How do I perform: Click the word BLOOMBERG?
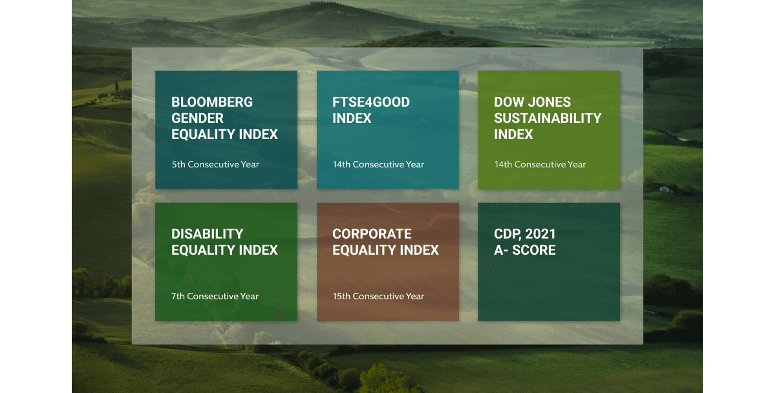coord(211,102)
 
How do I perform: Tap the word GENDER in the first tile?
coord(197,118)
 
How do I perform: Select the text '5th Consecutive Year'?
coord(215,164)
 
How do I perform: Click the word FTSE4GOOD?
coord(370,102)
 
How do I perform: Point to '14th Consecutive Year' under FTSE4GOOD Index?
coord(378,164)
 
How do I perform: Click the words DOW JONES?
coord(532,102)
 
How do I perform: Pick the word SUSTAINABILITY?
coord(548,118)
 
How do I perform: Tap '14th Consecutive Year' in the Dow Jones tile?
coord(540,164)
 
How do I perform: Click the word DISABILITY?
coord(208,234)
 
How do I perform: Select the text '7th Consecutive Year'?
coord(215,297)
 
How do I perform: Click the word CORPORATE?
coord(372,234)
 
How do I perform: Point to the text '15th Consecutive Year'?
coord(378,297)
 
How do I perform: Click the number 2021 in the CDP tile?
coord(541,234)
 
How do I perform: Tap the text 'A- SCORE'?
coord(524,250)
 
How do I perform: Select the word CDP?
coord(506,234)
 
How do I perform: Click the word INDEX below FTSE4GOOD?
coord(352,118)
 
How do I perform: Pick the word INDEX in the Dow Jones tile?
coord(513,134)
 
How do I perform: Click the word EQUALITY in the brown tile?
coord(363,250)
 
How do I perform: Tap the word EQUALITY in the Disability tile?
coord(202,250)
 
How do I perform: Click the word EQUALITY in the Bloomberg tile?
coord(202,134)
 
